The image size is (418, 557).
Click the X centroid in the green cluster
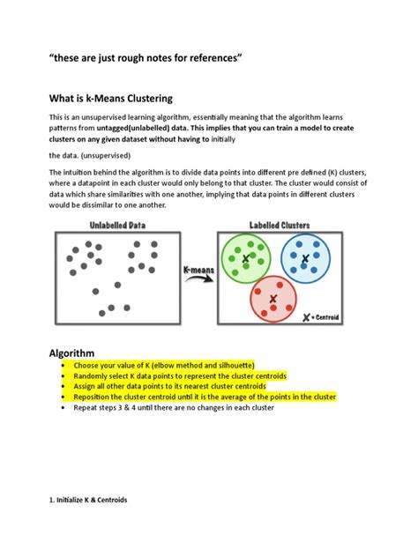(247, 258)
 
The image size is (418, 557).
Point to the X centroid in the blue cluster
(304, 258)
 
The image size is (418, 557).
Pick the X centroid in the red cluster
(272, 300)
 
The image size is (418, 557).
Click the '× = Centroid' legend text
(324, 317)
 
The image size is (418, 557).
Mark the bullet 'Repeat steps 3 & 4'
(176, 408)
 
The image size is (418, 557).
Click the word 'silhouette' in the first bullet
(229, 364)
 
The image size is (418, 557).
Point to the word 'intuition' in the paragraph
(80, 172)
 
